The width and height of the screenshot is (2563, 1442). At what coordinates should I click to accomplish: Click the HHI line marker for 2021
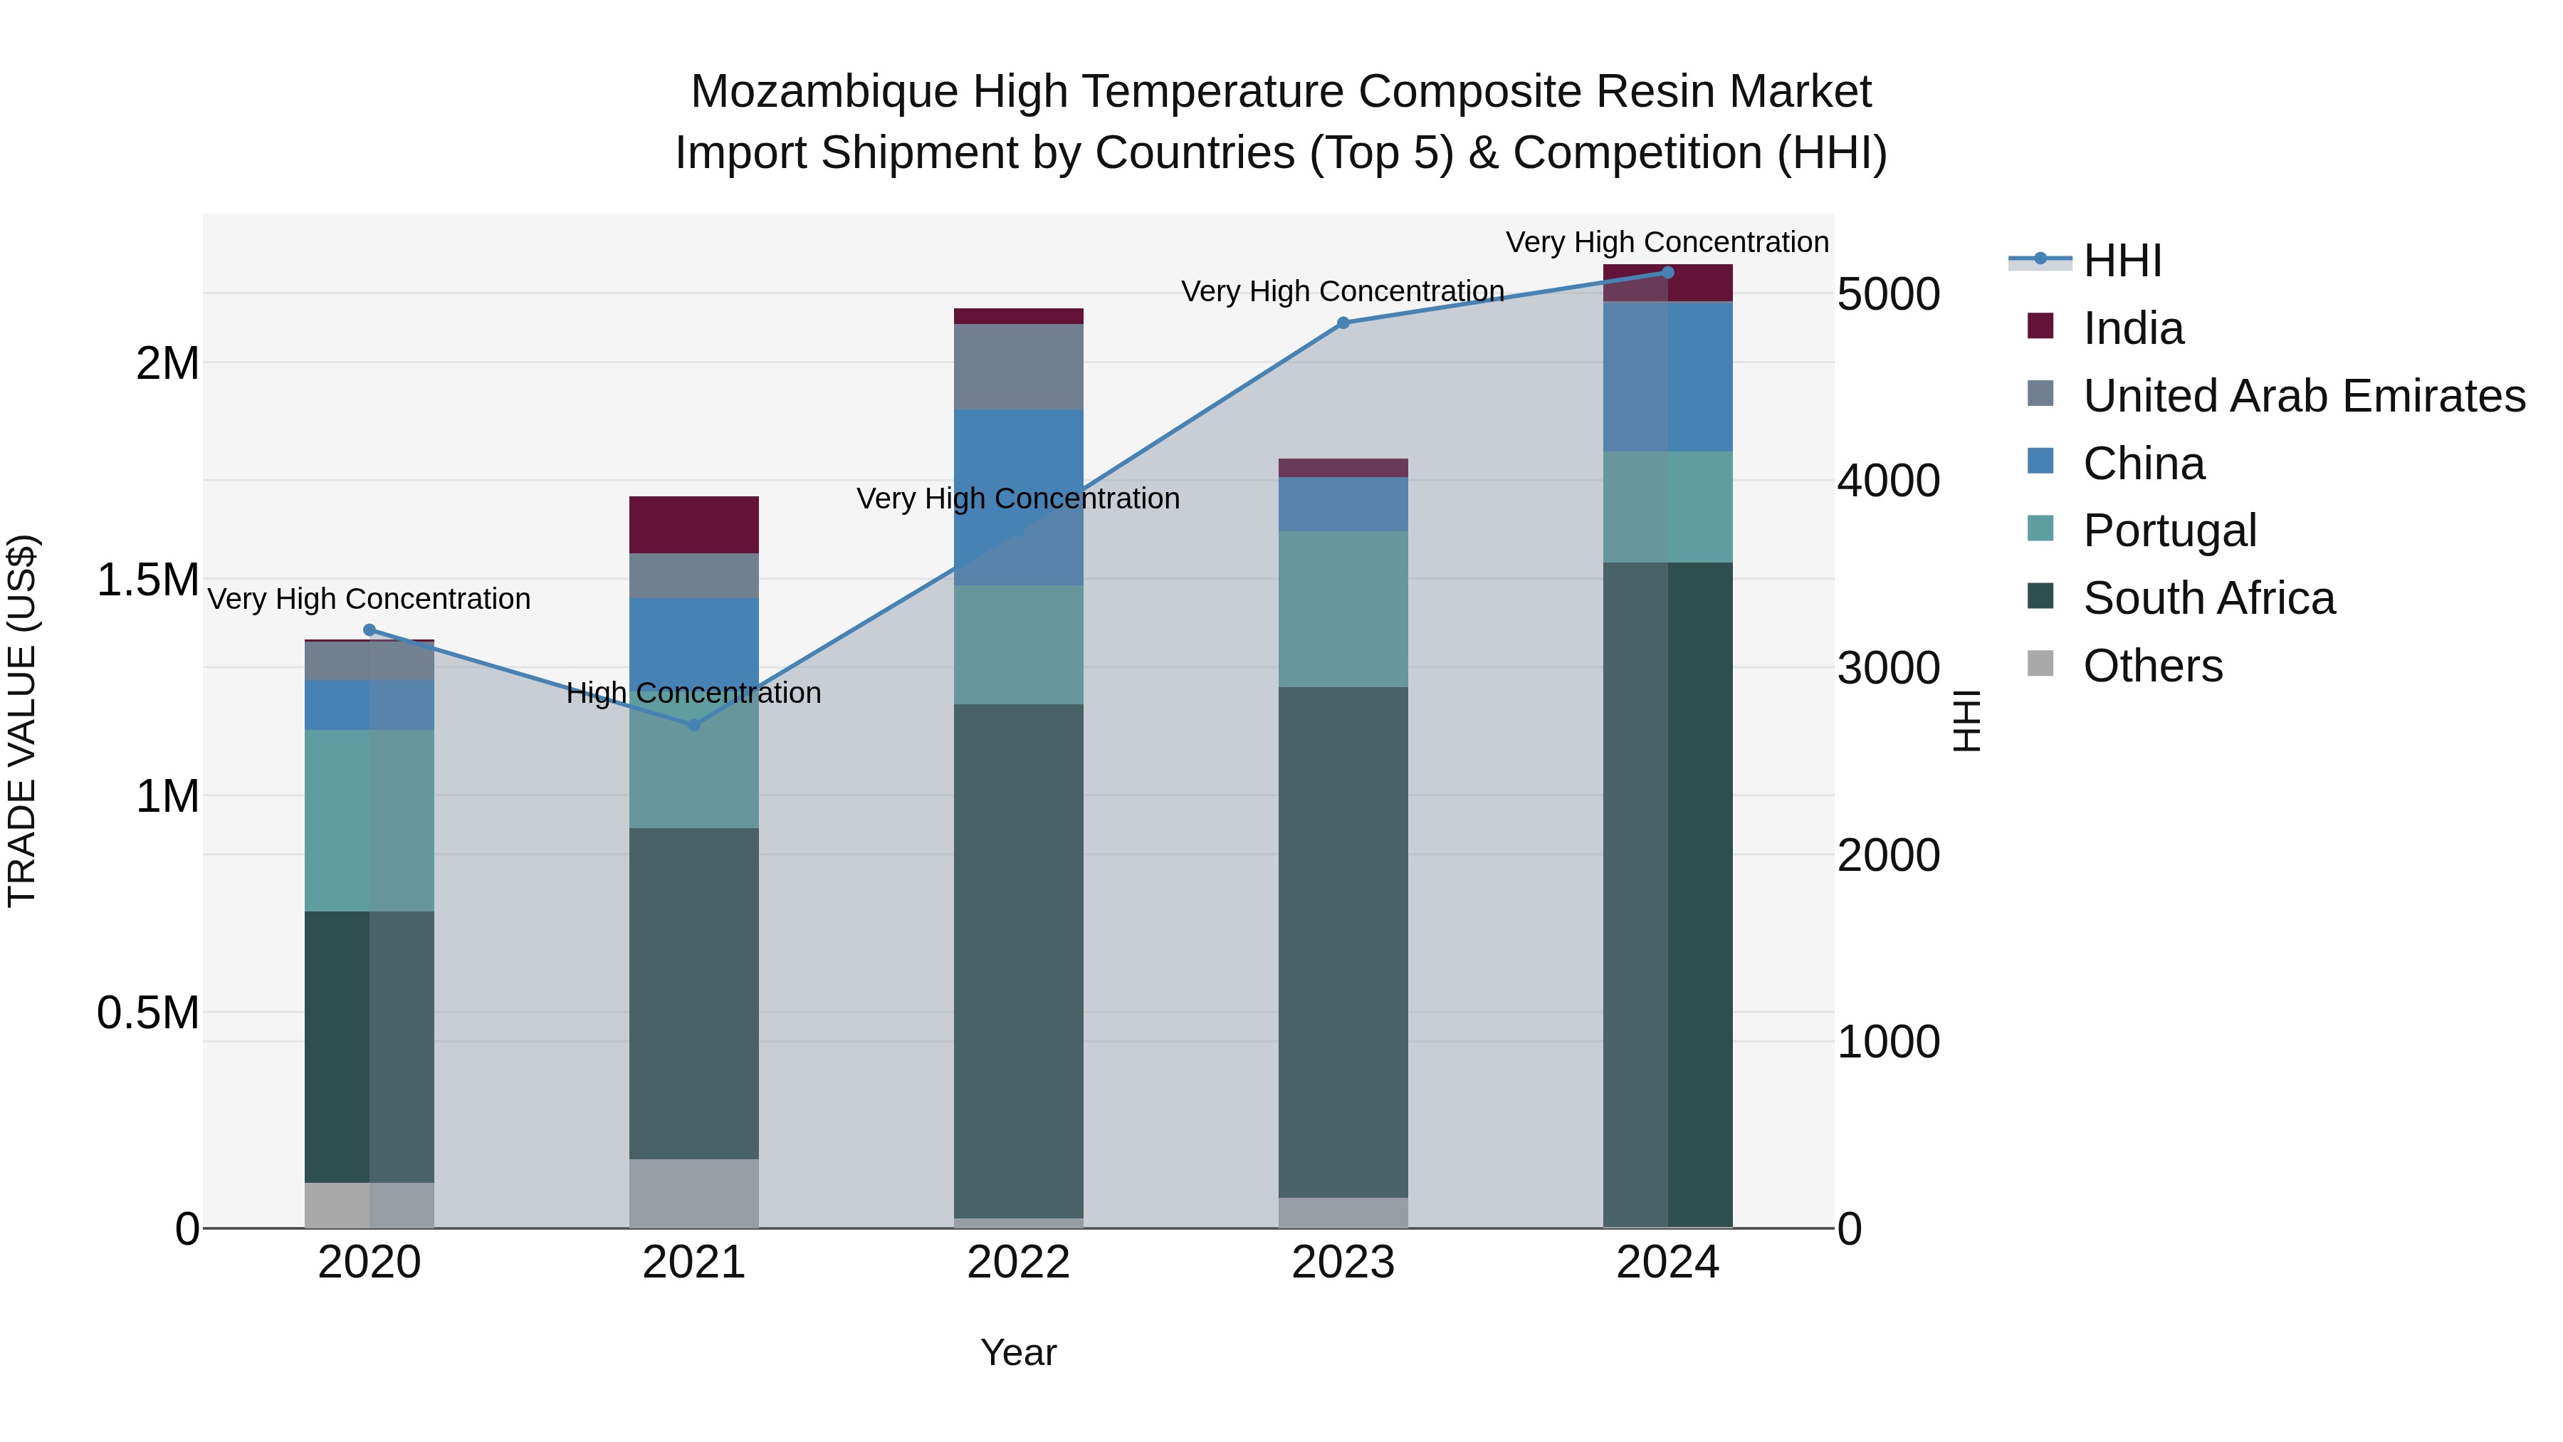[693, 724]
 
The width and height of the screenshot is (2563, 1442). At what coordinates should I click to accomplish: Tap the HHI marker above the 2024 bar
[1667, 272]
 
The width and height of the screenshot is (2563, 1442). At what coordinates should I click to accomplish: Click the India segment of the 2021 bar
[693, 524]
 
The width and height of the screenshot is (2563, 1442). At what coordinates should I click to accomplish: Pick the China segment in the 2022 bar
[1018, 496]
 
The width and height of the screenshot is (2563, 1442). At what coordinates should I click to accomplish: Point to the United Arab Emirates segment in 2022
[1018, 366]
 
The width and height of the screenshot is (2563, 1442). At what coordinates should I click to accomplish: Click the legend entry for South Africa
[2208, 598]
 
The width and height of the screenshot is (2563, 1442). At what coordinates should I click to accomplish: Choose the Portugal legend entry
[2169, 531]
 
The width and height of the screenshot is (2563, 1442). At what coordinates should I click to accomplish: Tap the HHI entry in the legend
[2122, 261]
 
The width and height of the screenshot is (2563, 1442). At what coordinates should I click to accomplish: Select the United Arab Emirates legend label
[2303, 396]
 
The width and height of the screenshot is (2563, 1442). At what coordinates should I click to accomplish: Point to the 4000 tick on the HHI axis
[1887, 481]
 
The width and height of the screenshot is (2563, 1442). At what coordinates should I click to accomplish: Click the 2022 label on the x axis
[1018, 1263]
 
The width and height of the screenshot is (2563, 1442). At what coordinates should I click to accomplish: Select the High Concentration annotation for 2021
[693, 693]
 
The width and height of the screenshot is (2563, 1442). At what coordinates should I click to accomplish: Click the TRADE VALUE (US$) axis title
[22, 721]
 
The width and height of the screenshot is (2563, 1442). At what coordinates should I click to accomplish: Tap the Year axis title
[1018, 1352]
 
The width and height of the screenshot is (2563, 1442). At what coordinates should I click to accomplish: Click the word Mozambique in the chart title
[824, 92]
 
